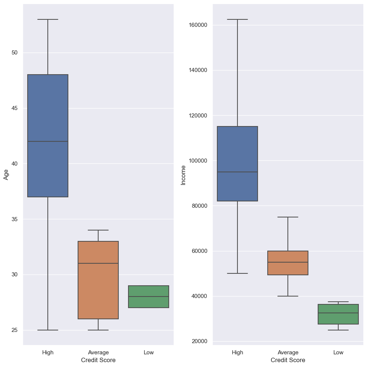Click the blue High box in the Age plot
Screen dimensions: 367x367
click(48, 112)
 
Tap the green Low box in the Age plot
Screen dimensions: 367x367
click(149, 302)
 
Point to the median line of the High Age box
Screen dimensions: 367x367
click(48, 141)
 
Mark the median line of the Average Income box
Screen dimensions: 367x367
click(288, 262)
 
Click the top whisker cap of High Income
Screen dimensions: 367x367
click(237, 19)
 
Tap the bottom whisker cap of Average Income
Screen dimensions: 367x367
click(288, 296)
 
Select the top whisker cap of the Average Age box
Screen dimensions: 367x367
click(98, 230)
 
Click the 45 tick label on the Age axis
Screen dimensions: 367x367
click(15, 108)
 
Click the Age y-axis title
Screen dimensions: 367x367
click(6, 174)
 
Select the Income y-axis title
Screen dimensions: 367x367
click(183, 175)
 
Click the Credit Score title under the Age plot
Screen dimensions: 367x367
click(98, 360)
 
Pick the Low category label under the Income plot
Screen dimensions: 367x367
click(338, 352)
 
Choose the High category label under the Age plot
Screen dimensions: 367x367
click(48, 352)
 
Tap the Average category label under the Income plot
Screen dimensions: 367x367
click(288, 352)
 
